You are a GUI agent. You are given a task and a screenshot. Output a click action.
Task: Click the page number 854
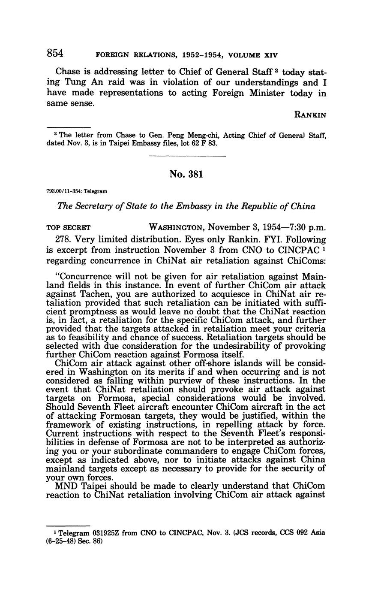55,53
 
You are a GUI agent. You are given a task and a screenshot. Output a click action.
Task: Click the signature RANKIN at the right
310,115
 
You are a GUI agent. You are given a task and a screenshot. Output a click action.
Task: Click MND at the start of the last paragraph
66,486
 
